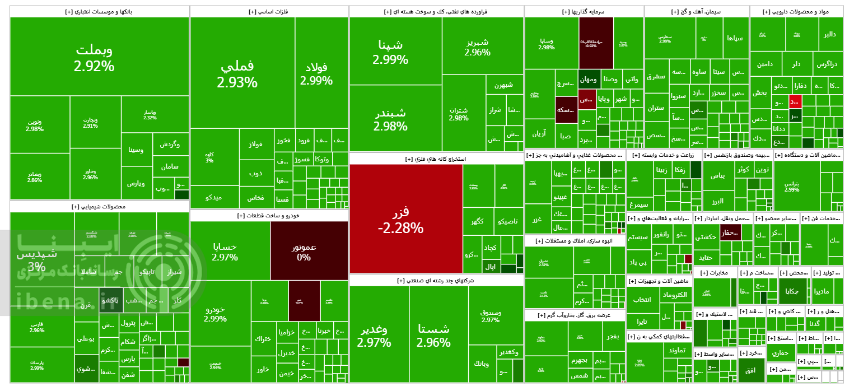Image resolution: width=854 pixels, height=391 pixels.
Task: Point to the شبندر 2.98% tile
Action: pyautogui.click(x=390, y=118)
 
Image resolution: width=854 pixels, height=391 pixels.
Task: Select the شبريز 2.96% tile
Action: pyautogui.click(x=477, y=48)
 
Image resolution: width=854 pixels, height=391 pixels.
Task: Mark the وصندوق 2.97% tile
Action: pyautogui.click(x=490, y=315)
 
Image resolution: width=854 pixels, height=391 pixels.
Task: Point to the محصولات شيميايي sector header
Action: pyautogui.click(x=99, y=207)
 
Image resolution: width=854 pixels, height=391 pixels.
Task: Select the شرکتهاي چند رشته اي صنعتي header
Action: pyautogui.click(x=436, y=280)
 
